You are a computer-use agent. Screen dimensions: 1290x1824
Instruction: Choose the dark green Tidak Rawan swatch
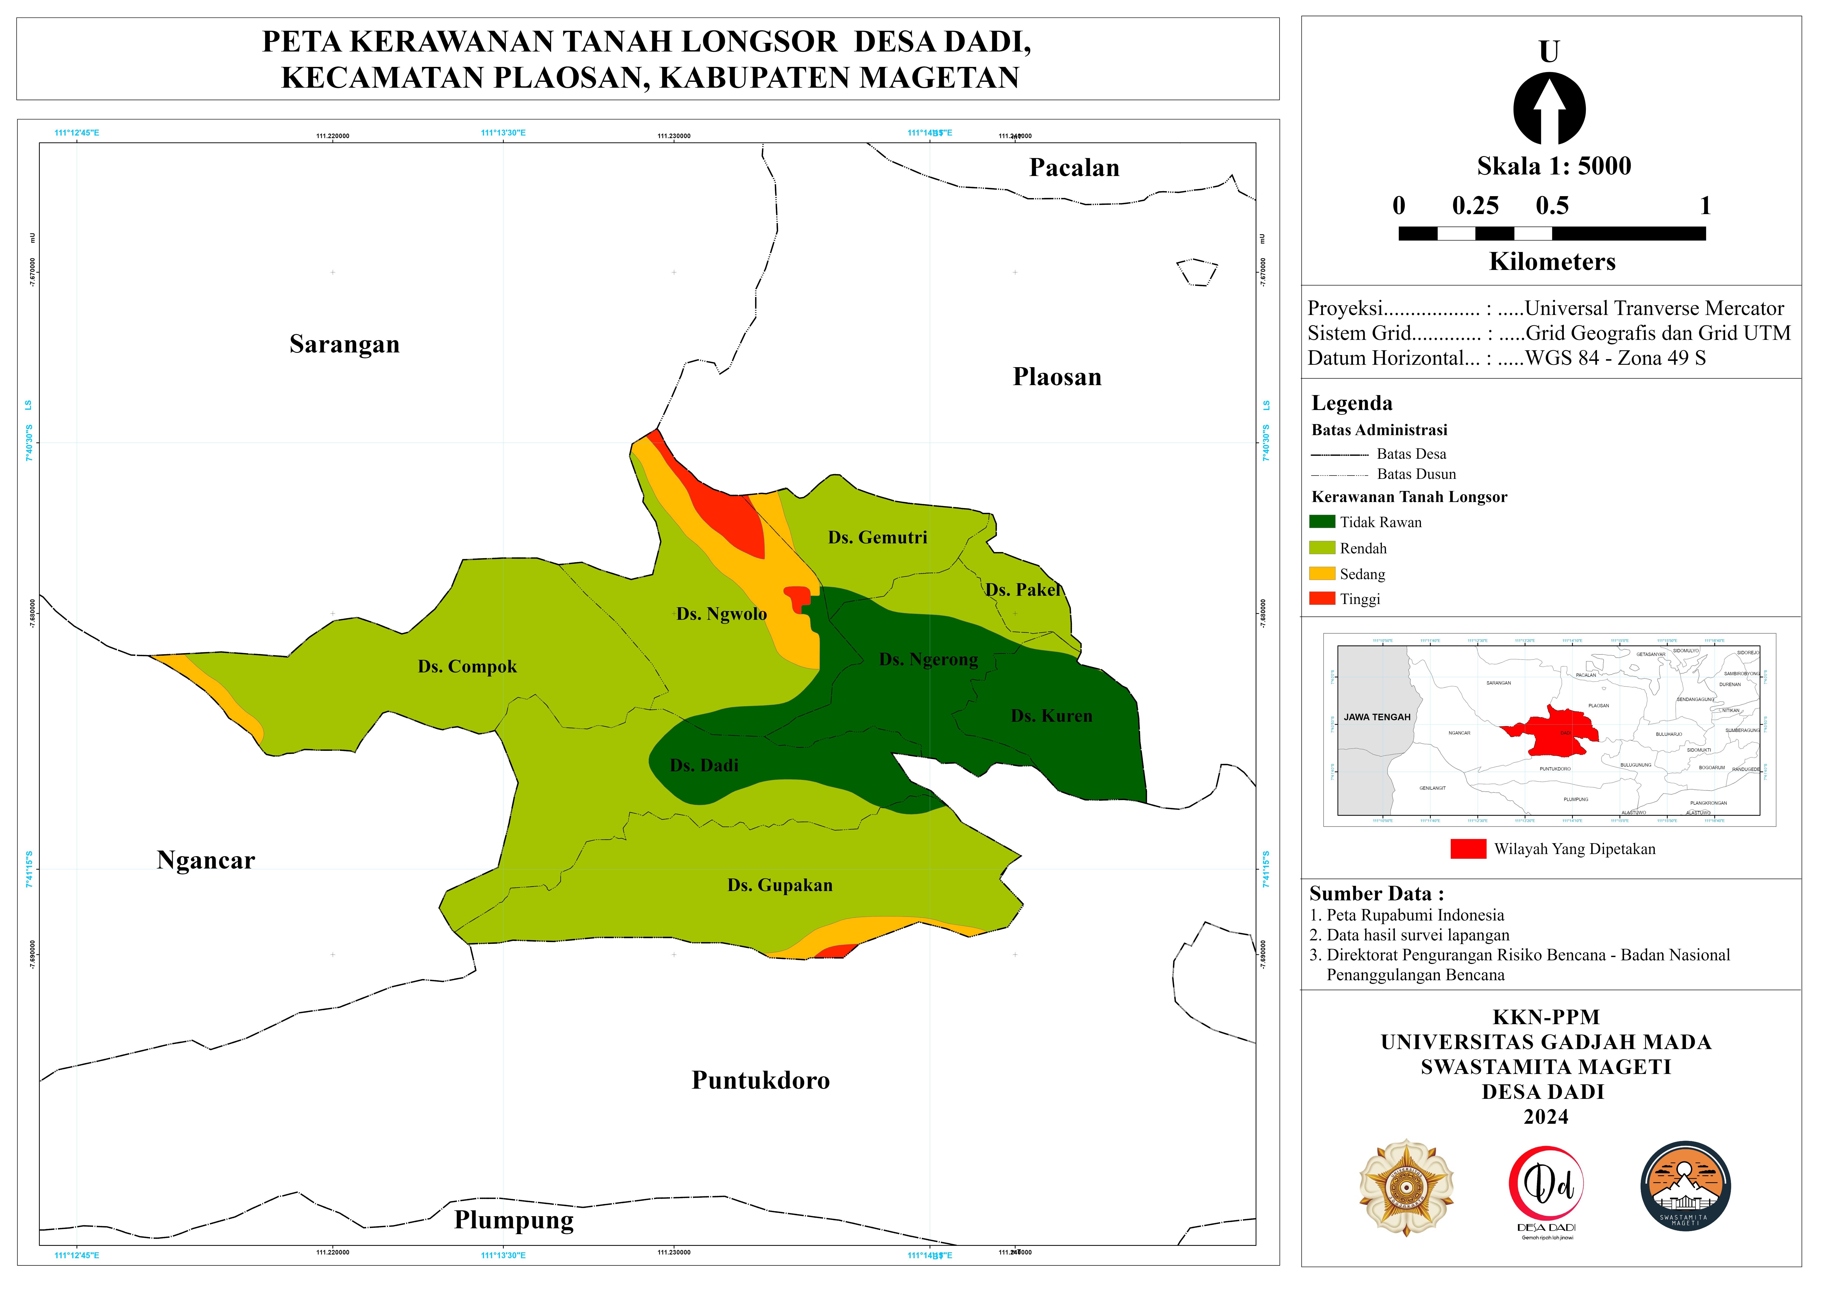tap(1322, 522)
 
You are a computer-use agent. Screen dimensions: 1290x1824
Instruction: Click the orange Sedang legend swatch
tap(1322, 573)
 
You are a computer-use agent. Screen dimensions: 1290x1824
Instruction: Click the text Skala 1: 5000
tap(1554, 166)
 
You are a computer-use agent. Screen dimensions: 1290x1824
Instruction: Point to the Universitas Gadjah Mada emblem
tap(1406, 1188)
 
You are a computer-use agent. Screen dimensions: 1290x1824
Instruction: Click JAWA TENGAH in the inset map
tap(1377, 717)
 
